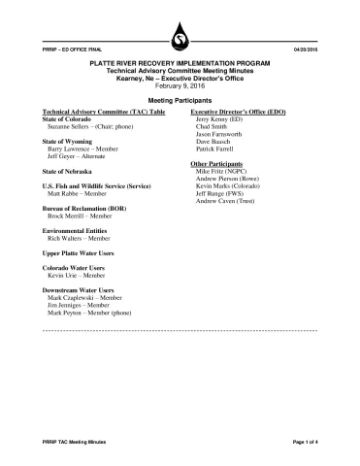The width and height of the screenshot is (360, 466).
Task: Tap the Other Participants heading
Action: (x=220, y=165)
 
